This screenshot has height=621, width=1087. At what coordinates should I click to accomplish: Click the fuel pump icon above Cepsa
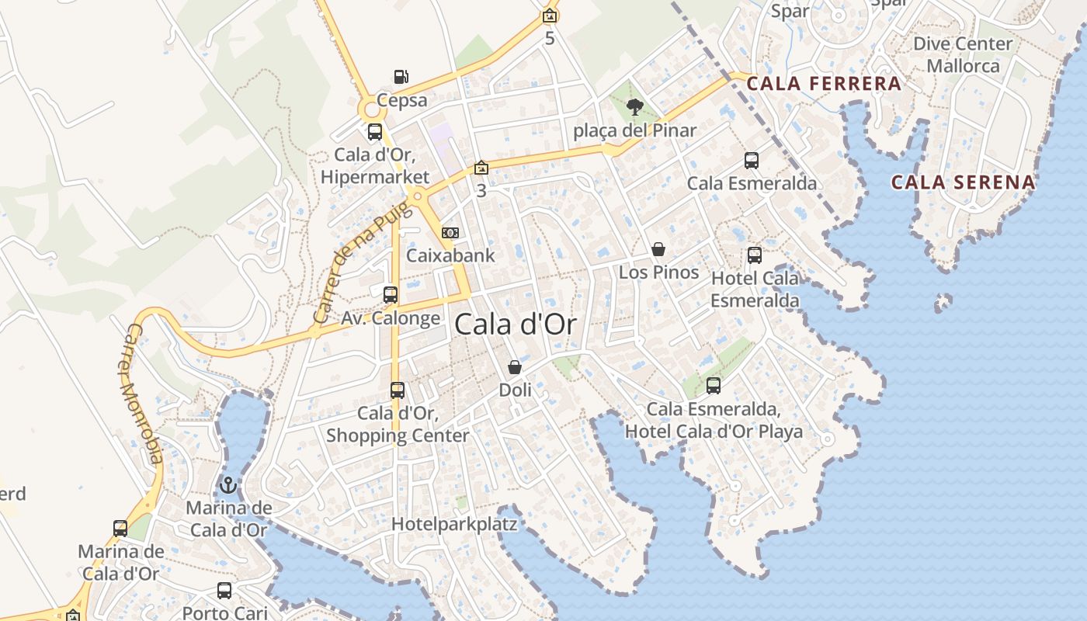tap(401, 76)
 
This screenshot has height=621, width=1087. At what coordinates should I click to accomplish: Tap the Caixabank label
tap(450, 255)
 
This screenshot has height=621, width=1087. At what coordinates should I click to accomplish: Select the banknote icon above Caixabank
tap(450, 233)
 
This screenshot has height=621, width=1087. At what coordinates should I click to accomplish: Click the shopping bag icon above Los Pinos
tap(658, 249)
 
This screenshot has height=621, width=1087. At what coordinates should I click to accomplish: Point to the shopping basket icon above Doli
tap(514, 367)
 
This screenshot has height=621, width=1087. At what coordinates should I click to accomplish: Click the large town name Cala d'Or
tap(516, 324)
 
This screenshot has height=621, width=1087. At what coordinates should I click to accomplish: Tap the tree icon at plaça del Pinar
tap(634, 107)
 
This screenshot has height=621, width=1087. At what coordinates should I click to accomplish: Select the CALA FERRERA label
tap(824, 84)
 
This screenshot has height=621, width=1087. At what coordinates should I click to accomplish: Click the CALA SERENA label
tap(963, 183)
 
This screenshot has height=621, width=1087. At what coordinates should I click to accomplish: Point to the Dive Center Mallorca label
tap(963, 54)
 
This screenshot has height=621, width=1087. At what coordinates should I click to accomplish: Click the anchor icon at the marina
tap(227, 486)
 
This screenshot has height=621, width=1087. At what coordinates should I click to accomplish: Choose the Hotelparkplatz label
tap(454, 524)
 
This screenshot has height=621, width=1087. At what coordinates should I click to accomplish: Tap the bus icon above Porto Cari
tap(224, 591)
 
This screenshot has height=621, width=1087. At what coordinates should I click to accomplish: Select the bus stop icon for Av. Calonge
tap(391, 295)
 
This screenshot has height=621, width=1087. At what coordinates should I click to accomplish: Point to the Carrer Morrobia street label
tap(143, 394)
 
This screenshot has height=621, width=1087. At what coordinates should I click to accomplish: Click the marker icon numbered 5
tap(550, 16)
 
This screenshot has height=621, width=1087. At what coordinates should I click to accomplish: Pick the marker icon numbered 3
tap(481, 168)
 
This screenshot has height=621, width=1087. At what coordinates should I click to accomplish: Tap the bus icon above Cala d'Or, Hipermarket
tap(374, 132)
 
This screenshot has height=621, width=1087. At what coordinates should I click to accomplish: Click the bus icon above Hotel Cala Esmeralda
tap(754, 255)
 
